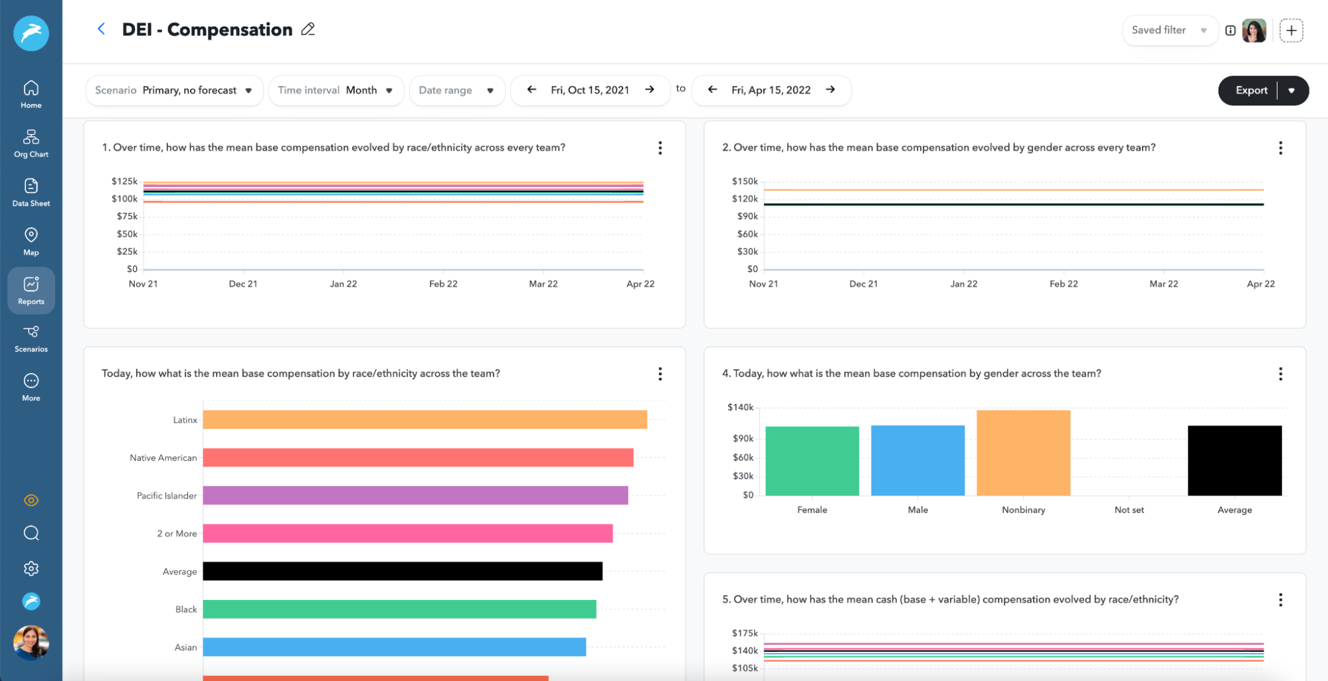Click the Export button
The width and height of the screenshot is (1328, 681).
[1251, 90]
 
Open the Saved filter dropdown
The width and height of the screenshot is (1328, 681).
[1169, 31]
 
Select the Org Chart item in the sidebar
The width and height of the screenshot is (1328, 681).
[31, 143]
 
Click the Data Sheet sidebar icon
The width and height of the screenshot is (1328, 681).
[31, 192]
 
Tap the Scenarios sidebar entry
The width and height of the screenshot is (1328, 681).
[31, 338]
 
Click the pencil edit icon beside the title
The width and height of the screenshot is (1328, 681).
[308, 29]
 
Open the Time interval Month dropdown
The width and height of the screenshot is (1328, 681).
[335, 90]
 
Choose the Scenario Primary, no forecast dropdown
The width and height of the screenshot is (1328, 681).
[174, 90]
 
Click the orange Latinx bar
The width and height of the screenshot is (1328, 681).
[425, 419]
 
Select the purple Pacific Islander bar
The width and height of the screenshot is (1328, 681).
[415, 495]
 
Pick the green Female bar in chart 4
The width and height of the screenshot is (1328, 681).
[812, 461]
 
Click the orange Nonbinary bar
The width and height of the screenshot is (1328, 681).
[1023, 453]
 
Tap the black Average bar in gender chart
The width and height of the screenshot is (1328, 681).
[1234, 461]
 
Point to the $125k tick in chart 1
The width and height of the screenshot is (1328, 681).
[125, 181]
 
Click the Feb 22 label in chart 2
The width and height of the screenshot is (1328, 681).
[1063, 283]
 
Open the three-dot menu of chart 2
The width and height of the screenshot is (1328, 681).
[1280, 148]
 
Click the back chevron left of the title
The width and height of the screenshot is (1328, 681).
[101, 29]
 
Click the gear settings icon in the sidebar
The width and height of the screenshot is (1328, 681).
[31, 569]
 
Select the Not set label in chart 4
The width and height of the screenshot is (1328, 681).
[1129, 510]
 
